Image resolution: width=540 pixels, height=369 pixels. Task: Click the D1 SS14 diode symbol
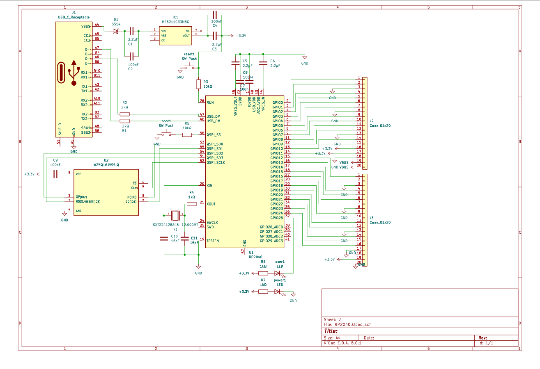(115, 31)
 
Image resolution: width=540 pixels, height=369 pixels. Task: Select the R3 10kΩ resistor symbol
(199, 84)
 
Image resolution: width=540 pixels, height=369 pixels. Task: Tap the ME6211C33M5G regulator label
(175, 22)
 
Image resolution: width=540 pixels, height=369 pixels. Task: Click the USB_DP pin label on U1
(213, 116)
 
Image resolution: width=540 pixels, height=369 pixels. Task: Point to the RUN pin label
(210, 102)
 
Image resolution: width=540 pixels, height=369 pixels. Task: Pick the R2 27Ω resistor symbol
(124, 114)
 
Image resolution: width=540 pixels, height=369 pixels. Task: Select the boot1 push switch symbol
(167, 134)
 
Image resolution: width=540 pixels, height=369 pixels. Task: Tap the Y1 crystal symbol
(175, 214)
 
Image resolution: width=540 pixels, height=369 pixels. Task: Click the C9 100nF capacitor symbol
(55, 174)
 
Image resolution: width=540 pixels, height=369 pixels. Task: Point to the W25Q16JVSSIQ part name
(106, 165)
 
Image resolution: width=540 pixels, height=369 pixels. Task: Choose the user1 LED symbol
(280, 273)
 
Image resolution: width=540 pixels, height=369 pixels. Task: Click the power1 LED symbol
(280, 292)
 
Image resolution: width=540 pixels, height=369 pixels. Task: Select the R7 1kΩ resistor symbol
(263, 292)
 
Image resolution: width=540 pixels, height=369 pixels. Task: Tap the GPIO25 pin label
(276, 218)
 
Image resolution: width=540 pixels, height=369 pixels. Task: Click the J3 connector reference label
(372, 217)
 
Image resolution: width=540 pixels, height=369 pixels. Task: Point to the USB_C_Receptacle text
(74, 17)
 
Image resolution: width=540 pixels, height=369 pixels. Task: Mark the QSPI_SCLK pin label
(216, 162)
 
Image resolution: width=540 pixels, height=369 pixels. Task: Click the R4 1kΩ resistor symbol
(191, 204)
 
